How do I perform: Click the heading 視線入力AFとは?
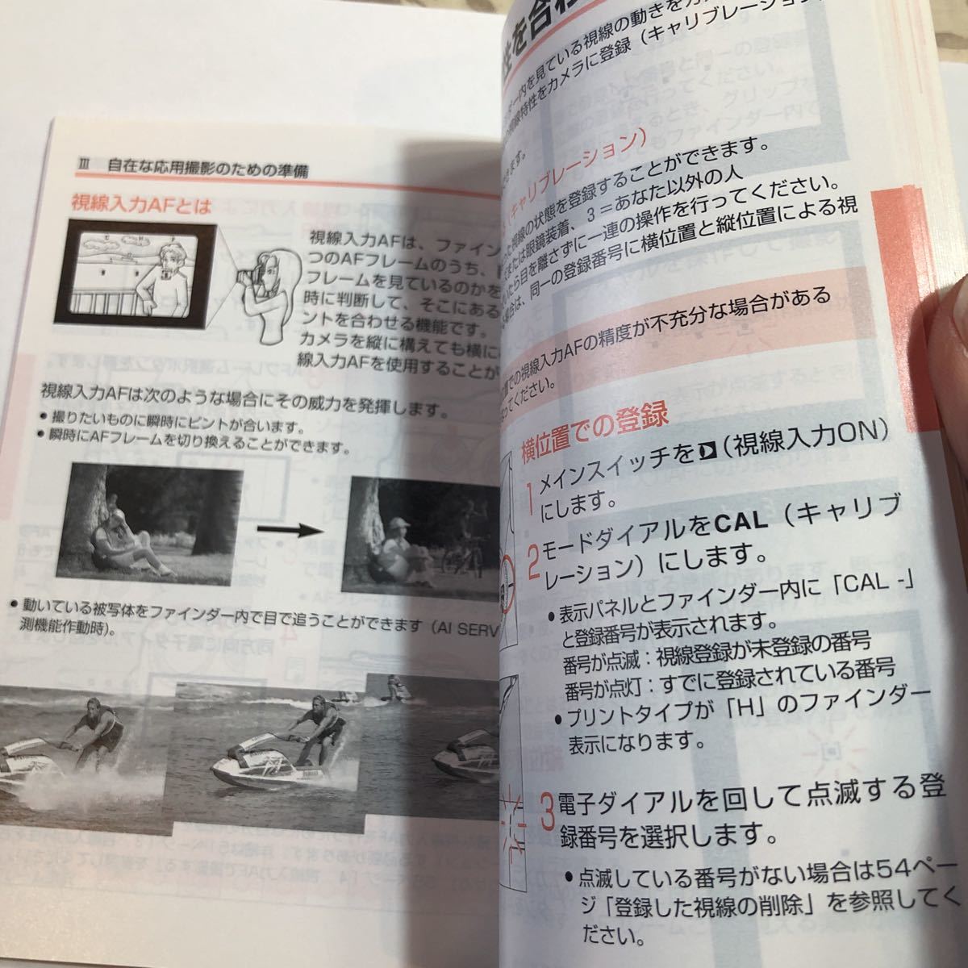[x=140, y=206]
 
